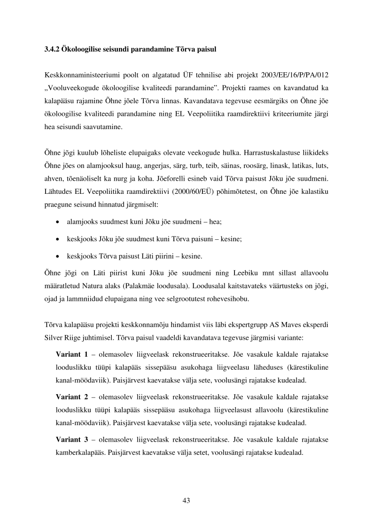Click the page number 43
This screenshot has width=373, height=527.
pos(186,500)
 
